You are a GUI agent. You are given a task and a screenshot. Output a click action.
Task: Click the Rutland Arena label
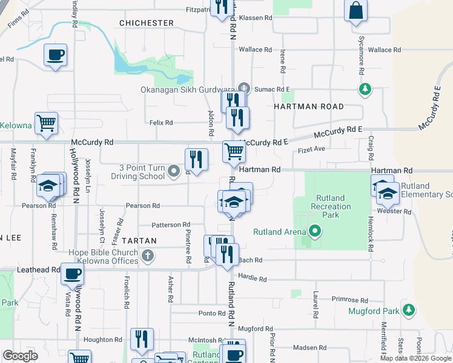276,232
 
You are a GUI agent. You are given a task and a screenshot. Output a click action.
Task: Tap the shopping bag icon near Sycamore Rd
356,11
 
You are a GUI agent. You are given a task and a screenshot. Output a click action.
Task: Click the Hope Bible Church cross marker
147,256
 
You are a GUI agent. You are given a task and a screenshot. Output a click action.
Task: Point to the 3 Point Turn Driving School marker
174,172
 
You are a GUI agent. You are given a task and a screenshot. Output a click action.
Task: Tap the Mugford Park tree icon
409,310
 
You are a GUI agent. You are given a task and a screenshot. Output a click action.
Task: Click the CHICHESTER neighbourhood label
147,23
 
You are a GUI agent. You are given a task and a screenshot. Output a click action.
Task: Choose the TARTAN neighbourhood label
139,241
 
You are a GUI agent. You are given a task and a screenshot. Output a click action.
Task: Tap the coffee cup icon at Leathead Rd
73,274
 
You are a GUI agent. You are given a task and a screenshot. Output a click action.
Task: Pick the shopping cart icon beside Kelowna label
46,123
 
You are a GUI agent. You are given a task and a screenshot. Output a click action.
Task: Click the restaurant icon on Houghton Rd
142,339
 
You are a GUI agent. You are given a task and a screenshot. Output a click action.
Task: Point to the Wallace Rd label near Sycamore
380,50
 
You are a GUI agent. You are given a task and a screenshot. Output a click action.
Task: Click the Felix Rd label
161,123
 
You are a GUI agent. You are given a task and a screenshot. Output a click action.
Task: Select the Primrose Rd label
351,300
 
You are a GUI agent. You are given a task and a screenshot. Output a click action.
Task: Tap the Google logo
21,356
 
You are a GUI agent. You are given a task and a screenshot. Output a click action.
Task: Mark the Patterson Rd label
171,224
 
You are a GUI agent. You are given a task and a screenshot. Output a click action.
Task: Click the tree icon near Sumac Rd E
365,90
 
